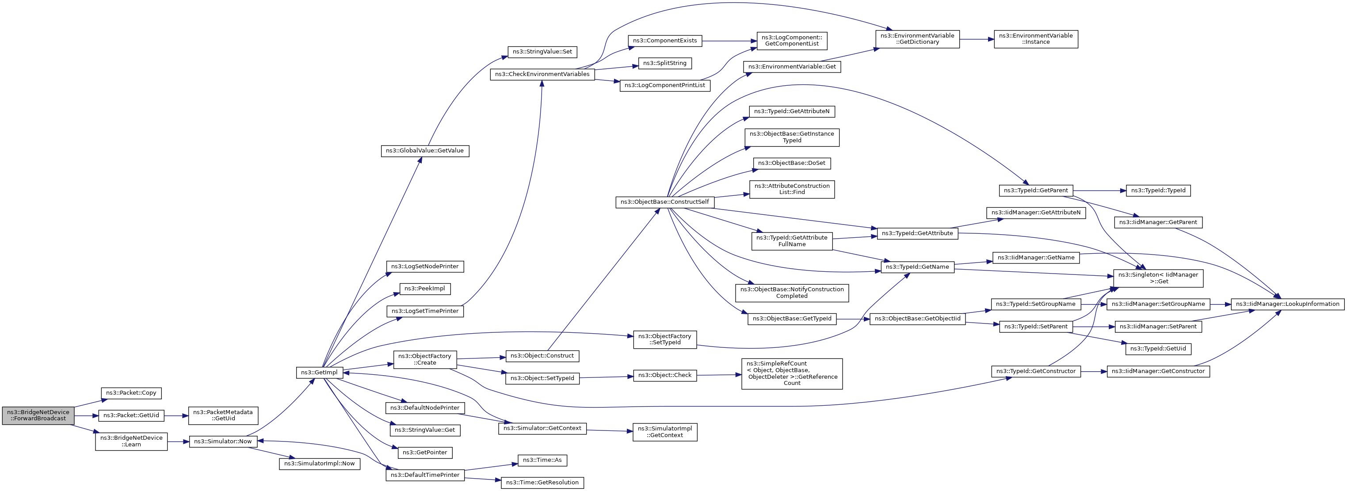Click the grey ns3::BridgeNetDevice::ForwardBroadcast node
click(38, 415)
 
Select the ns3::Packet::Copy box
click(131, 393)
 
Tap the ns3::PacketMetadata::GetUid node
click(223, 415)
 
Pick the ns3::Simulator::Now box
click(223, 442)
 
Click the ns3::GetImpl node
click(320, 372)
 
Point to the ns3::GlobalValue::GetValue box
click(424, 151)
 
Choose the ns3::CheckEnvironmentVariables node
click(542, 74)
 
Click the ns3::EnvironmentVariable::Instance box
click(1036, 39)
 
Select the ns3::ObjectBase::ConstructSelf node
click(664, 202)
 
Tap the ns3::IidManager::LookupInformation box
click(1287, 304)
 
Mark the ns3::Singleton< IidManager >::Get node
click(1158, 278)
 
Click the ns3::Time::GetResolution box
click(542, 483)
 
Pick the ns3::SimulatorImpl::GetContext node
click(664, 431)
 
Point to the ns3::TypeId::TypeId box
click(1158, 190)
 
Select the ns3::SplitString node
click(664, 63)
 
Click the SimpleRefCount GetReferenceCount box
click(792, 373)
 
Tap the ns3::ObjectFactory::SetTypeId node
click(664, 339)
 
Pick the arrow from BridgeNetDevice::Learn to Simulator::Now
click(178, 442)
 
